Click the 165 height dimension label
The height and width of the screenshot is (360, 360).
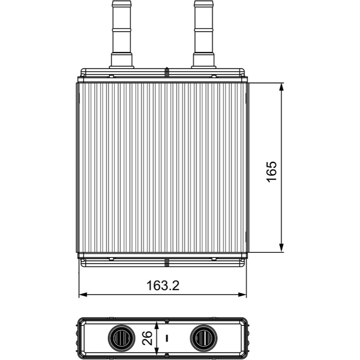(x=272, y=172)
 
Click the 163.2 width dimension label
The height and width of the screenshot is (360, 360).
(x=162, y=285)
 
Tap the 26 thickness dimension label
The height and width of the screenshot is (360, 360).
(x=147, y=338)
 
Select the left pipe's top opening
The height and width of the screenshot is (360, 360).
(x=121, y=2)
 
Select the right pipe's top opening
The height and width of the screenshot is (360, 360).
(x=204, y=2)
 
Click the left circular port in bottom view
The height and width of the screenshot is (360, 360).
(x=121, y=338)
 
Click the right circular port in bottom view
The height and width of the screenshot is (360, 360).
(x=204, y=338)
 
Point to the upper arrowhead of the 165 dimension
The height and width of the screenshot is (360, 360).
(x=281, y=87)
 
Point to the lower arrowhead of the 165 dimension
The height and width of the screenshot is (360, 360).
(x=281, y=248)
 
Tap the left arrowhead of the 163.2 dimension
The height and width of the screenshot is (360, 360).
(x=83, y=295)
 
